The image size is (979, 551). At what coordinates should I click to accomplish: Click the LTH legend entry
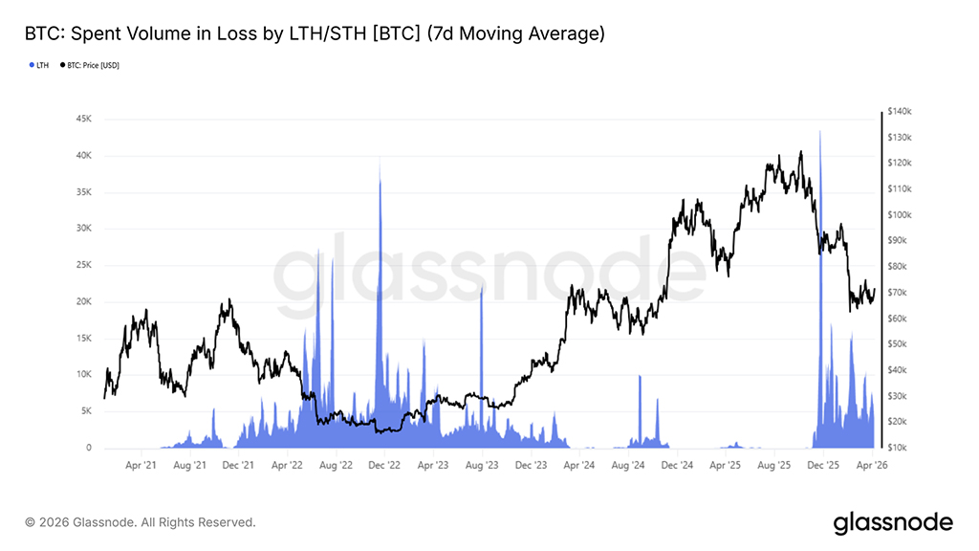pos(41,65)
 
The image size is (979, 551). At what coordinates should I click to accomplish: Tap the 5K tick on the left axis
pos(84,411)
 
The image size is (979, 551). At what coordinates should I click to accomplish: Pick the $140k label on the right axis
pos(901,112)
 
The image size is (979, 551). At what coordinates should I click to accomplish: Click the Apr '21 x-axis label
pos(141,466)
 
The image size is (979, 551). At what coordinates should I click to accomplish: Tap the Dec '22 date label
pos(383,466)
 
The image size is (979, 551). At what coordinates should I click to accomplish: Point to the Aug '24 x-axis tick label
pos(627,466)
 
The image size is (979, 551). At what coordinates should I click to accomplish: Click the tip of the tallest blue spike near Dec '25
pos(820,130)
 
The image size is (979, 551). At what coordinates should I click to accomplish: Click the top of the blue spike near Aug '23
pos(481,284)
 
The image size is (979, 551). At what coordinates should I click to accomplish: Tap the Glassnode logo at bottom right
pos(892,522)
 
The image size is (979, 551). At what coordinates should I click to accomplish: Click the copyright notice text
pos(141,522)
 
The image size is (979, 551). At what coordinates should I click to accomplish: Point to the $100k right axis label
pos(901,215)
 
